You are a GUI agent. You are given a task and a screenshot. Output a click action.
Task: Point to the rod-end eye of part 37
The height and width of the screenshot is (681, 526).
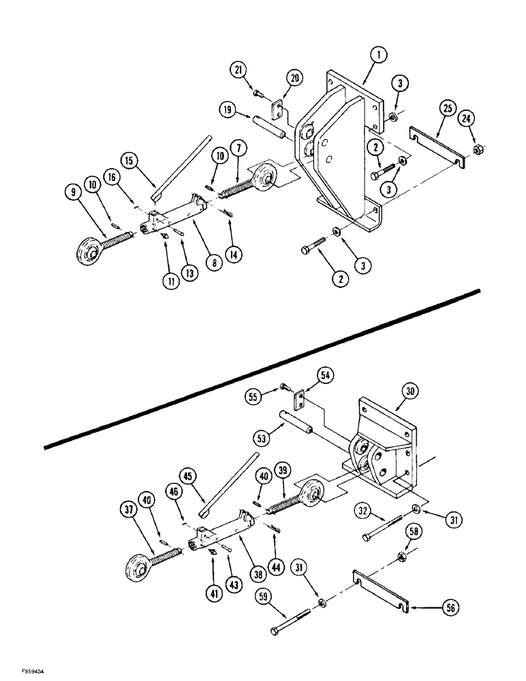click(139, 567)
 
